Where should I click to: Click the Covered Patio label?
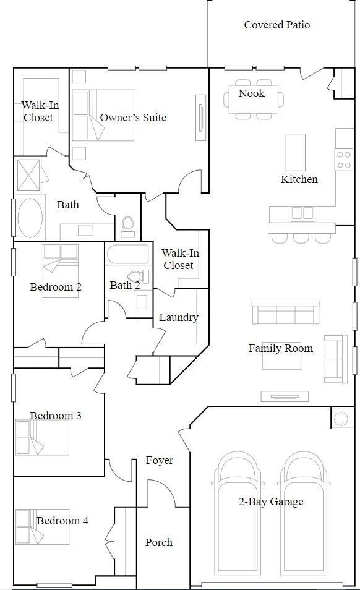(276, 25)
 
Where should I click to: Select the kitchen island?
(295, 152)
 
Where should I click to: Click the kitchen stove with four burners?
(344, 159)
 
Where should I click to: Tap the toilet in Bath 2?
(135, 276)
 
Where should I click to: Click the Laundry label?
(178, 317)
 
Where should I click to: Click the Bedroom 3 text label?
(56, 416)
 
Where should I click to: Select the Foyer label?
(160, 460)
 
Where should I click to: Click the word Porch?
(159, 542)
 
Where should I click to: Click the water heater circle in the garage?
(341, 419)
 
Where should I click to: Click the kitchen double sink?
(302, 213)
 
